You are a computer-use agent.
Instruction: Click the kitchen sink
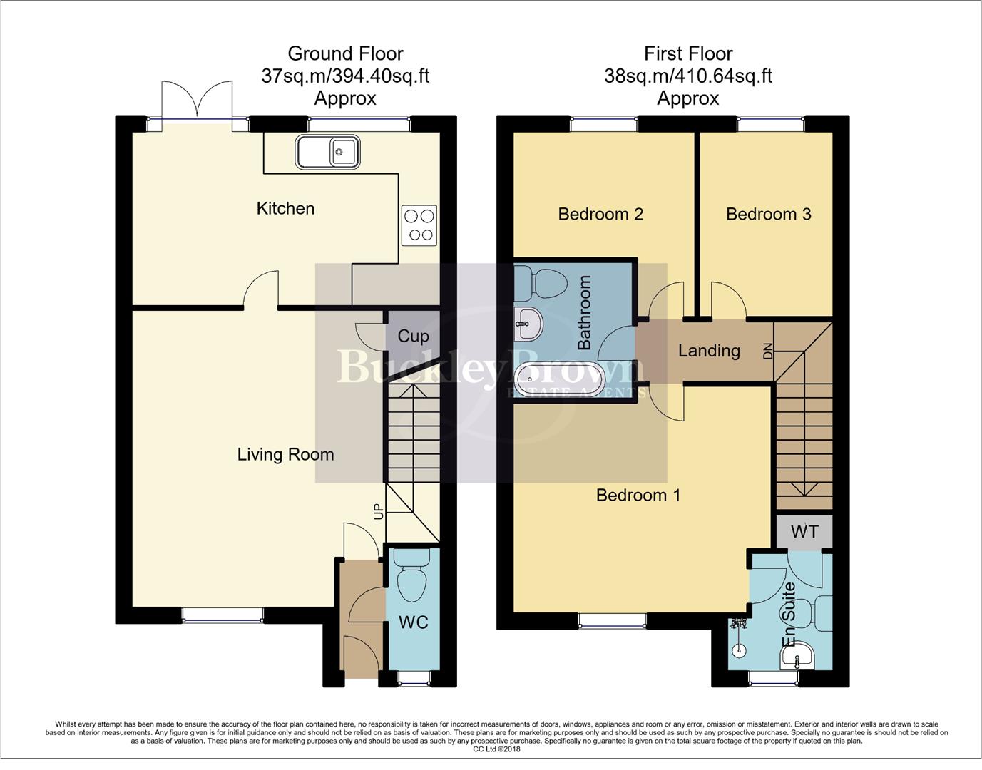(x=328, y=152)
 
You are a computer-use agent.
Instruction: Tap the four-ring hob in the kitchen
(x=419, y=225)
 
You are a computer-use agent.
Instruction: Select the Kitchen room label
(x=285, y=208)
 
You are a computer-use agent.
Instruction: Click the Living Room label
(x=285, y=454)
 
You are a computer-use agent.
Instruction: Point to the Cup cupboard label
(x=413, y=336)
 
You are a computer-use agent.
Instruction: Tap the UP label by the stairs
(x=378, y=511)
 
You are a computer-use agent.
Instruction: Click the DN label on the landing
(x=767, y=351)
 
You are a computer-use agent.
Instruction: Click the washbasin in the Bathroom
(x=527, y=324)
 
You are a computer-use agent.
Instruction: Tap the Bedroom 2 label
(x=600, y=214)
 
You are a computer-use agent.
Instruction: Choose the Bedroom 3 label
(x=768, y=214)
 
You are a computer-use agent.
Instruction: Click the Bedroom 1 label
(x=638, y=495)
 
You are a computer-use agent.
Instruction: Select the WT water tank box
(x=804, y=532)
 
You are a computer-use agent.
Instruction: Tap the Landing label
(x=708, y=351)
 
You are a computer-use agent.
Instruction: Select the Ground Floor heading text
(x=345, y=53)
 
